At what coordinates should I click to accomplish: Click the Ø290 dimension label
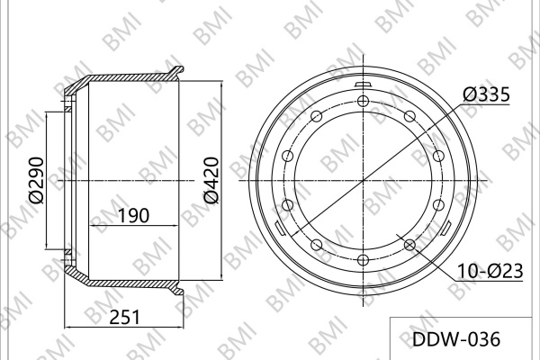(x=37, y=180)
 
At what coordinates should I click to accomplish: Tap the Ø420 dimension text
(x=211, y=180)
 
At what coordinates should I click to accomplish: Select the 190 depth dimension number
(x=133, y=216)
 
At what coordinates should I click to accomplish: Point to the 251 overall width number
(x=125, y=317)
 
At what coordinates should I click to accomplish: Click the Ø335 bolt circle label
(x=486, y=94)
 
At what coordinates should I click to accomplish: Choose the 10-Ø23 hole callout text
(x=490, y=271)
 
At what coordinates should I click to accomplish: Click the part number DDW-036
(x=456, y=339)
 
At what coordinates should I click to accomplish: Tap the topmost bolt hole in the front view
(x=363, y=102)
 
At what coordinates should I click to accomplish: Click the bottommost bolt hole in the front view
(x=363, y=259)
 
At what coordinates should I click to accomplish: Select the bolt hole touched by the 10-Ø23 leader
(x=409, y=245)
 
